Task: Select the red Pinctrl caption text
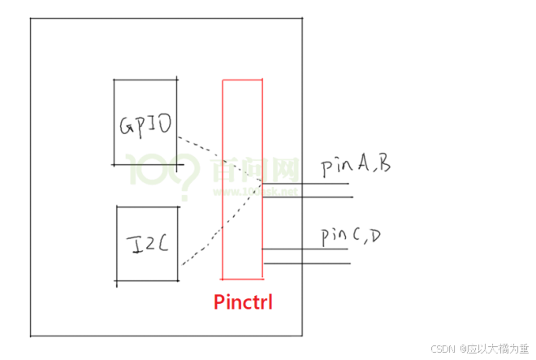coord(243,303)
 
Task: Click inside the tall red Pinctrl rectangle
coord(242,179)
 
